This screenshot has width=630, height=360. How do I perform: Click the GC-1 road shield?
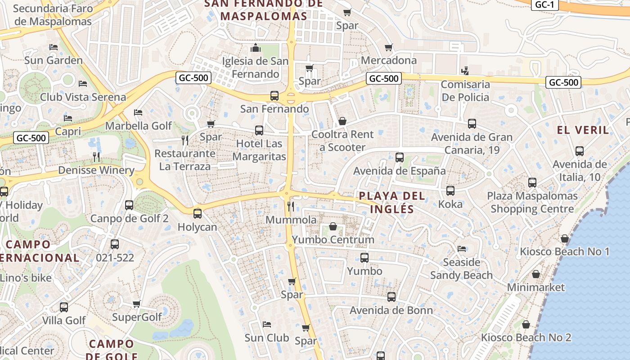(545, 5)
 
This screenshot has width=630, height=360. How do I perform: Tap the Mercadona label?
(389, 60)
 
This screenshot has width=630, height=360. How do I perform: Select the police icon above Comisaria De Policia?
(465, 71)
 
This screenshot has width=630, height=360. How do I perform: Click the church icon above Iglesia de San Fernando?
(256, 48)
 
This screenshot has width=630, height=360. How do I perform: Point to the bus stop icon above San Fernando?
(274, 95)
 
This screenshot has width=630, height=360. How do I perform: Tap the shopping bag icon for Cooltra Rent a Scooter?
(342, 121)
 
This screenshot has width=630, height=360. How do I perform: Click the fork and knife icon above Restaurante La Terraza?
(185, 140)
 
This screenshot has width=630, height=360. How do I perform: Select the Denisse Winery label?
(96, 171)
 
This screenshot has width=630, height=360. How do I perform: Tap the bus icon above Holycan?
(198, 214)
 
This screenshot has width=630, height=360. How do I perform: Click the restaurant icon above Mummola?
(291, 207)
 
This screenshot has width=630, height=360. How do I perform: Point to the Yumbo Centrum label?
(333, 239)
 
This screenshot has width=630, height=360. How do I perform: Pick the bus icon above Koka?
(450, 191)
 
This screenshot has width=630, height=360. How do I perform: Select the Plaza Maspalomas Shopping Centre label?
(532, 202)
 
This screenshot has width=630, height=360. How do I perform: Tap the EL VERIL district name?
(583, 130)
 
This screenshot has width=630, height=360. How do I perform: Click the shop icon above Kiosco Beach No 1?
(565, 238)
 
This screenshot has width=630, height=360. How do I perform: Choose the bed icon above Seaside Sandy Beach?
(462, 248)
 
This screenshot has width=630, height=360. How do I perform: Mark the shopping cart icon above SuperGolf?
(137, 304)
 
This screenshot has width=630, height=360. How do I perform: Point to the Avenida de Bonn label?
(391, 310)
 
